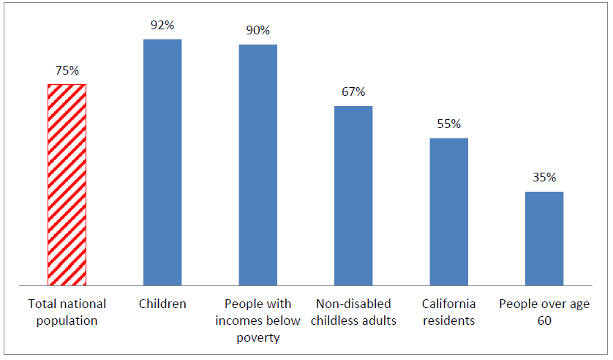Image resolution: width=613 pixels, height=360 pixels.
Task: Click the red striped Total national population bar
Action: coord(67,184)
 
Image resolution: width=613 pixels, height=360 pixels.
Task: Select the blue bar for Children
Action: coord(162,162)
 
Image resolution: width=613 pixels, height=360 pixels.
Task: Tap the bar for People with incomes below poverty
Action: coord(257,165)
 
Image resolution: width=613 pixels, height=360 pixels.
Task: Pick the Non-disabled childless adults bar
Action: coord(353,195)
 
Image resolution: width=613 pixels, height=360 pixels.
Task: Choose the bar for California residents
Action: coord(448,211)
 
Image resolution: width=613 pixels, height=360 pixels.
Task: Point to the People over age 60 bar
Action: coord(544,238)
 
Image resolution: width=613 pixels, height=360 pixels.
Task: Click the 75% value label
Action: coord(67,71)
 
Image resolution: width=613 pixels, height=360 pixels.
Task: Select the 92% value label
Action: coord(162,25)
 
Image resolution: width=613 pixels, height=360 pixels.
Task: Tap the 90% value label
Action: coord(257,31)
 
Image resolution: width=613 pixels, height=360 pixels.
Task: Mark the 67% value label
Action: coord(353,92)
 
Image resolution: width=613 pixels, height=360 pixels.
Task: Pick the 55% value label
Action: coord(448,124)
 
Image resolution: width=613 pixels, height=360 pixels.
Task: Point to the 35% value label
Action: coord(544,178)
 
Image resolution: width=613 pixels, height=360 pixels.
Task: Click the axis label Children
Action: coord(162,304)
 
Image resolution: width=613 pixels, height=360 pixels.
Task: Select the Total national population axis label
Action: coord(67,312)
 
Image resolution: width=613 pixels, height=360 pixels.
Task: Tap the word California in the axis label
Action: coord(448,304)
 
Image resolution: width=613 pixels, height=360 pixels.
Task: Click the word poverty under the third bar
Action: coord(257,337)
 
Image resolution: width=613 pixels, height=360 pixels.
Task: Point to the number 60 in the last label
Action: coord(544,320)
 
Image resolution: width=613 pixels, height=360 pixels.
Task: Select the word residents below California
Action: coord(448,320)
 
